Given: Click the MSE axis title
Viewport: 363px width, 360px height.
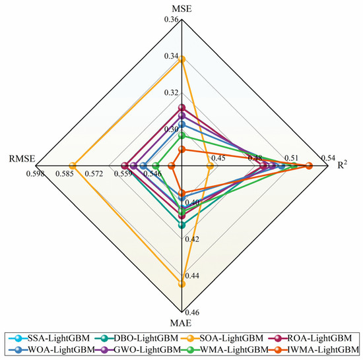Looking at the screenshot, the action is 181,9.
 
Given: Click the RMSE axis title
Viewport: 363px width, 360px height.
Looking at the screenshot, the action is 22,159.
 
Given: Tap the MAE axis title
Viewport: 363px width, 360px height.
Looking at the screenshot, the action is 181,323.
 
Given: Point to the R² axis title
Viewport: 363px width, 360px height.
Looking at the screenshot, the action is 342,165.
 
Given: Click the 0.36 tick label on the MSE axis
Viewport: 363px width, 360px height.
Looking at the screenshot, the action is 172,19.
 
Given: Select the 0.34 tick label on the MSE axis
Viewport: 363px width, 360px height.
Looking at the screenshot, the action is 172,56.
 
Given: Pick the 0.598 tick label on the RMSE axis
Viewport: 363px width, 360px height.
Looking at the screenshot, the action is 35,173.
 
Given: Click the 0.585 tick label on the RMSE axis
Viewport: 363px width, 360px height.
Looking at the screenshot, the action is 65,173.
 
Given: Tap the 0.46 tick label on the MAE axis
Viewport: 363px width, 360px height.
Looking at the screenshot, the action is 192,313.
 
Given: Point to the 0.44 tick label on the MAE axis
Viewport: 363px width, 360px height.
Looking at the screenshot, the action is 192,276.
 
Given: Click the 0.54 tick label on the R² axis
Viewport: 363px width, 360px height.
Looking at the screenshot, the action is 328,158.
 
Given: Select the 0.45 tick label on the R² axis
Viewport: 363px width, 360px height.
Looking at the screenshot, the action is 218,158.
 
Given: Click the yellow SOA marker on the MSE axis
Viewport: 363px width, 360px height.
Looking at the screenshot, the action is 182,59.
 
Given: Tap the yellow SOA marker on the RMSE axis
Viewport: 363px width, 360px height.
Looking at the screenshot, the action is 73,165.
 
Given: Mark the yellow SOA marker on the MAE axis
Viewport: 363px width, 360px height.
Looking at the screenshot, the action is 182,284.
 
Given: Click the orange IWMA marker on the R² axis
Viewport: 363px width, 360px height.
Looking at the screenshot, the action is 309,165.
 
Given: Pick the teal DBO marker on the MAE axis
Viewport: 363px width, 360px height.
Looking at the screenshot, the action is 182,225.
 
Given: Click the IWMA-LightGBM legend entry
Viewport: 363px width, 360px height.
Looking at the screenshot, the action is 314,349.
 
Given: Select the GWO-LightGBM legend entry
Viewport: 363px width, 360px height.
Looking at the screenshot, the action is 138,349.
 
